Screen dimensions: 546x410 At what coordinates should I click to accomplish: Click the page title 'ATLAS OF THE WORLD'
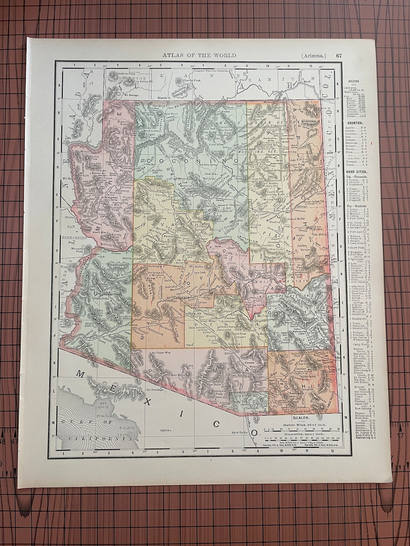(x=199, y=55)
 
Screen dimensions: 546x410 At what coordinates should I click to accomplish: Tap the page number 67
(x=339, y=55)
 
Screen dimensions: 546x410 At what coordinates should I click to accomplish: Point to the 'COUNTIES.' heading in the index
(x=355, y=124)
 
